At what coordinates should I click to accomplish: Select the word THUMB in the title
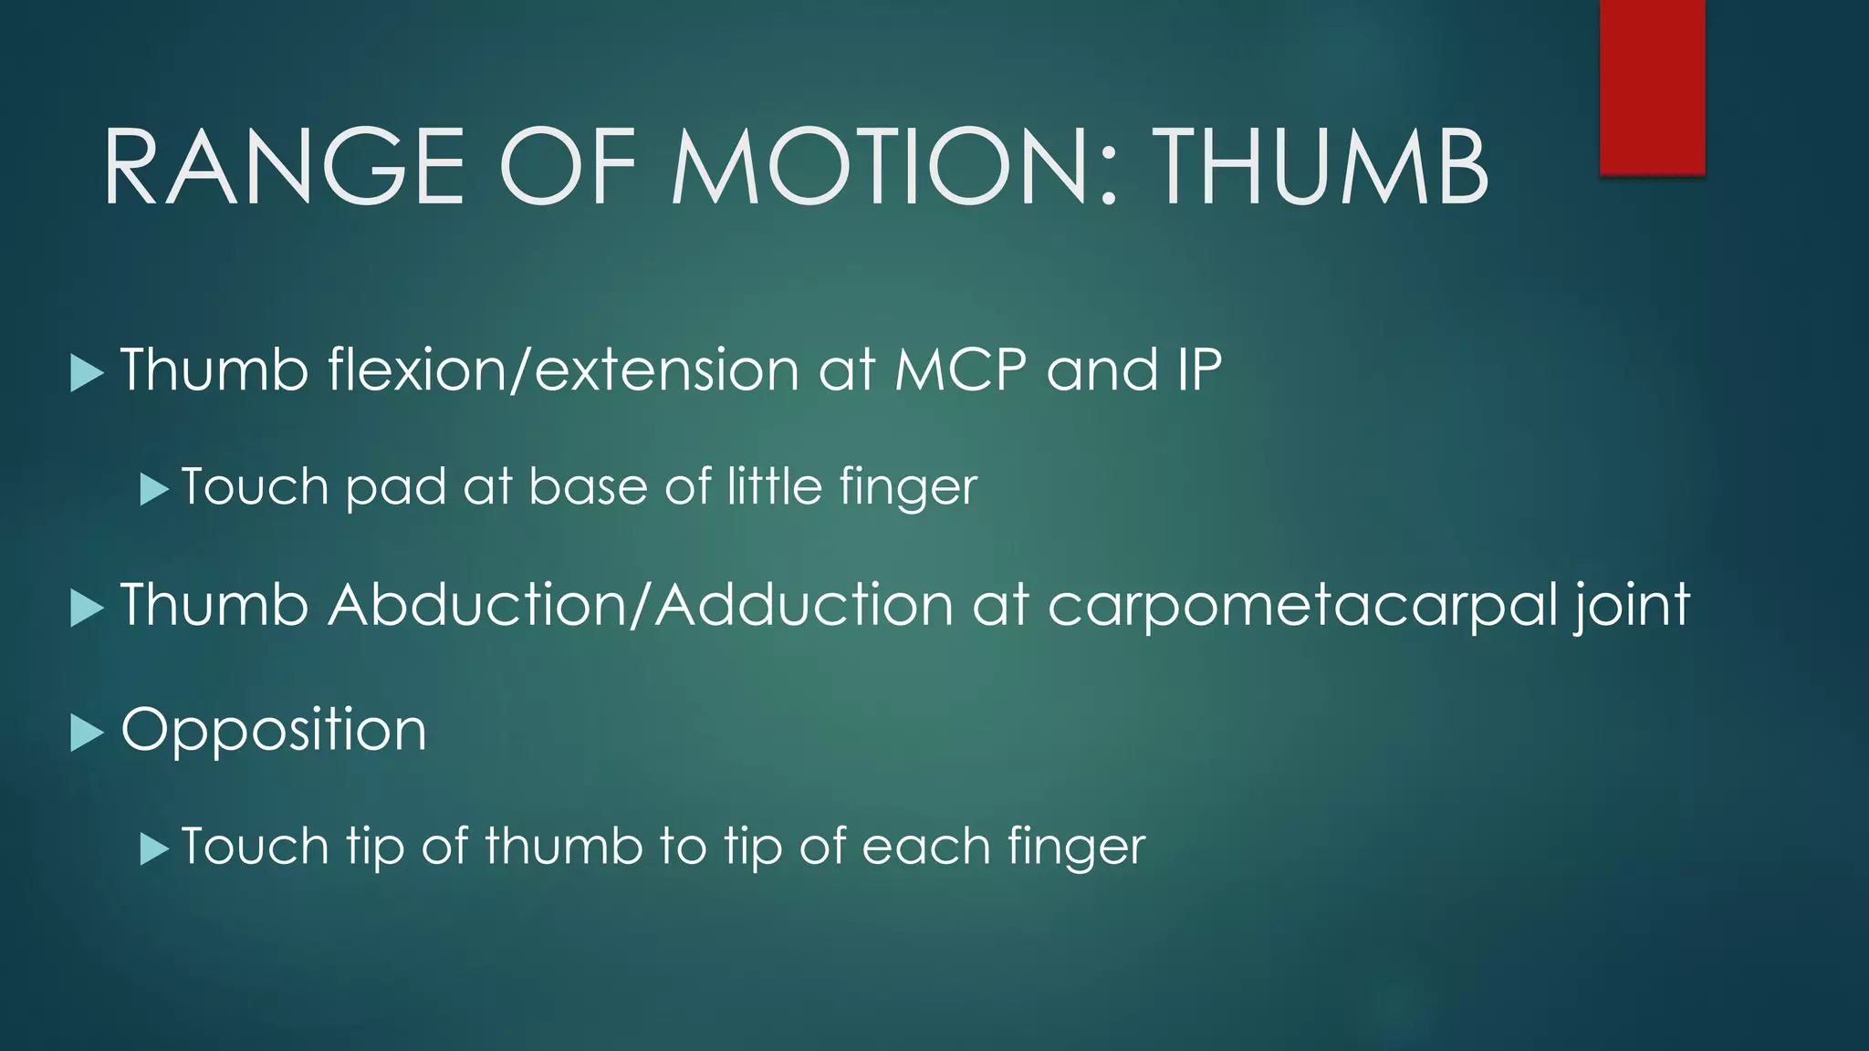point(1323,167)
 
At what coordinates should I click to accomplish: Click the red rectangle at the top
point(1652,87)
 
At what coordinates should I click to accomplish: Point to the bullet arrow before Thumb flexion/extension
point(86,373)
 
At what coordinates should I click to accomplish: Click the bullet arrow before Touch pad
point(154,489)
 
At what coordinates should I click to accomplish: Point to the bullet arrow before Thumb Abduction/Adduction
point(86,609)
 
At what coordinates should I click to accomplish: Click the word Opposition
point(274,730)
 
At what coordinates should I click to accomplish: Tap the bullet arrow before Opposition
point(86,733)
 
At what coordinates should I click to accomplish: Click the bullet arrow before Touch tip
point(154,849)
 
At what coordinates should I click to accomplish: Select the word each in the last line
point(925,846)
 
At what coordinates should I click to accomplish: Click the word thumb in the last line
point(564,846)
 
